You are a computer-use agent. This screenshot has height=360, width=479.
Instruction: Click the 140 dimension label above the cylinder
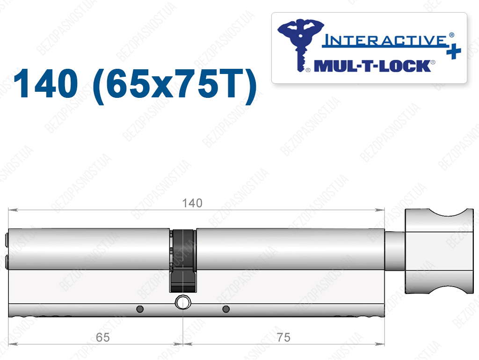(192, 203)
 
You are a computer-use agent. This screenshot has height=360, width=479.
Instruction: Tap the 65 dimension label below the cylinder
(102, 338)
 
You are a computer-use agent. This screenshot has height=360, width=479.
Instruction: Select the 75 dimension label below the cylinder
(283, 338)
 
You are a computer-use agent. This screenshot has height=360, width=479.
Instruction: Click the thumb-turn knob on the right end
(439, 251)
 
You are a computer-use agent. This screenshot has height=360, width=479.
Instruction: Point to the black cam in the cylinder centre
(183, 261)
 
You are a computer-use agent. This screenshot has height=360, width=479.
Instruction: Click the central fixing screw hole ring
(183, 302)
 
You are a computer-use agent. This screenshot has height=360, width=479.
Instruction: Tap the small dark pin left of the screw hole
(140, 309)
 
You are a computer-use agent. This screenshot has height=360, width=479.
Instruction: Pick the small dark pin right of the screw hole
(226, 309)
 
